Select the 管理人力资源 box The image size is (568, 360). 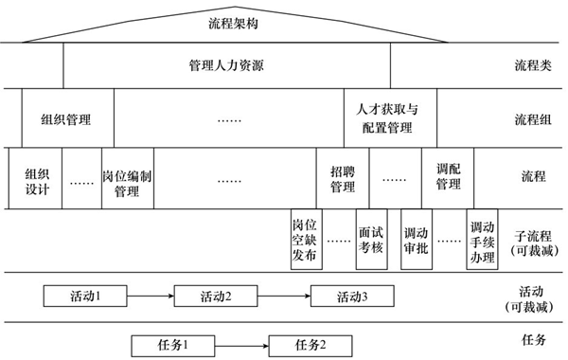(x=227, y=67)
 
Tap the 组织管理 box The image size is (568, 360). (x=66, y=120)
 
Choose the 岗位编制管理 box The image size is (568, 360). (x=127, y=178)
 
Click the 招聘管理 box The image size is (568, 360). (x=342, y=178)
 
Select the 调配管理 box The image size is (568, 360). (x=448, y=178)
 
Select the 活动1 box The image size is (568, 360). (x=86, y=297)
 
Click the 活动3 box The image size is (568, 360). (x=352, y=297)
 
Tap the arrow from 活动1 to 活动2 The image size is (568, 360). (x=151, y=297)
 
